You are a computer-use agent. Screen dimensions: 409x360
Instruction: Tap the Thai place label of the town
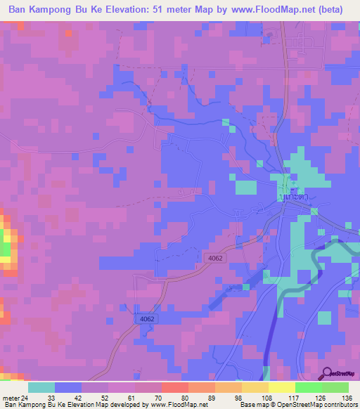(295, 200)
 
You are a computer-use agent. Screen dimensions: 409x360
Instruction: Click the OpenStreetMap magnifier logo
(328, 373)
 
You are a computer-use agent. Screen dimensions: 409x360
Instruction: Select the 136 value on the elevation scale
(347, 397)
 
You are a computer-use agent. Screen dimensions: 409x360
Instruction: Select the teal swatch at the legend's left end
(41, 387)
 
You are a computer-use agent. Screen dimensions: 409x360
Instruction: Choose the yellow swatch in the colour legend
(281, 387)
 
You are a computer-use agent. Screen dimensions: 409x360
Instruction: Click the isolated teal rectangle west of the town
(245, 187)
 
